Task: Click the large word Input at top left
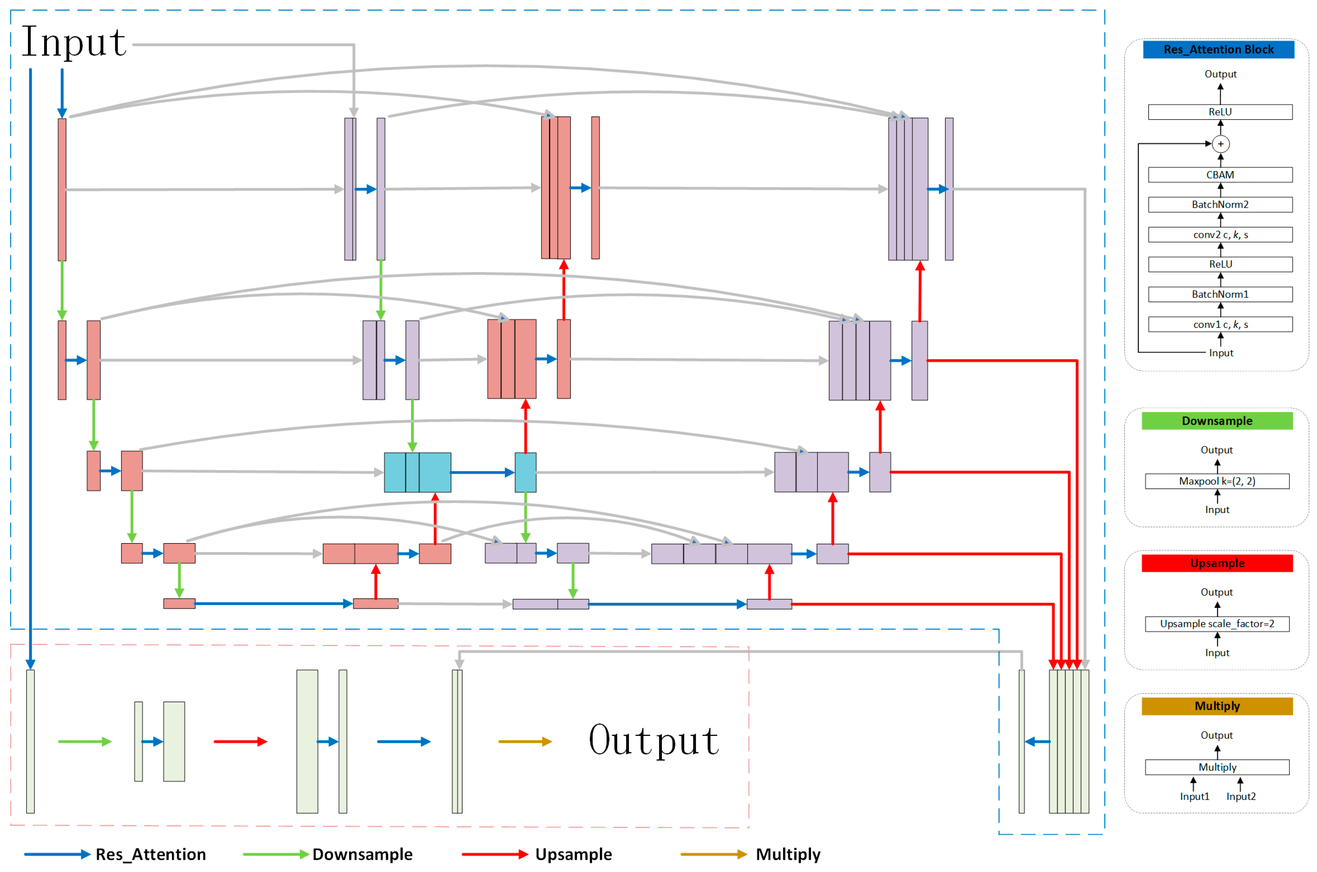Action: pos(74,43)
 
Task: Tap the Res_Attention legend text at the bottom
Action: pos(151,854)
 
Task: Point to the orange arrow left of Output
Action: pos(524,741)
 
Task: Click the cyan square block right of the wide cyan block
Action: pos(525,472)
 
